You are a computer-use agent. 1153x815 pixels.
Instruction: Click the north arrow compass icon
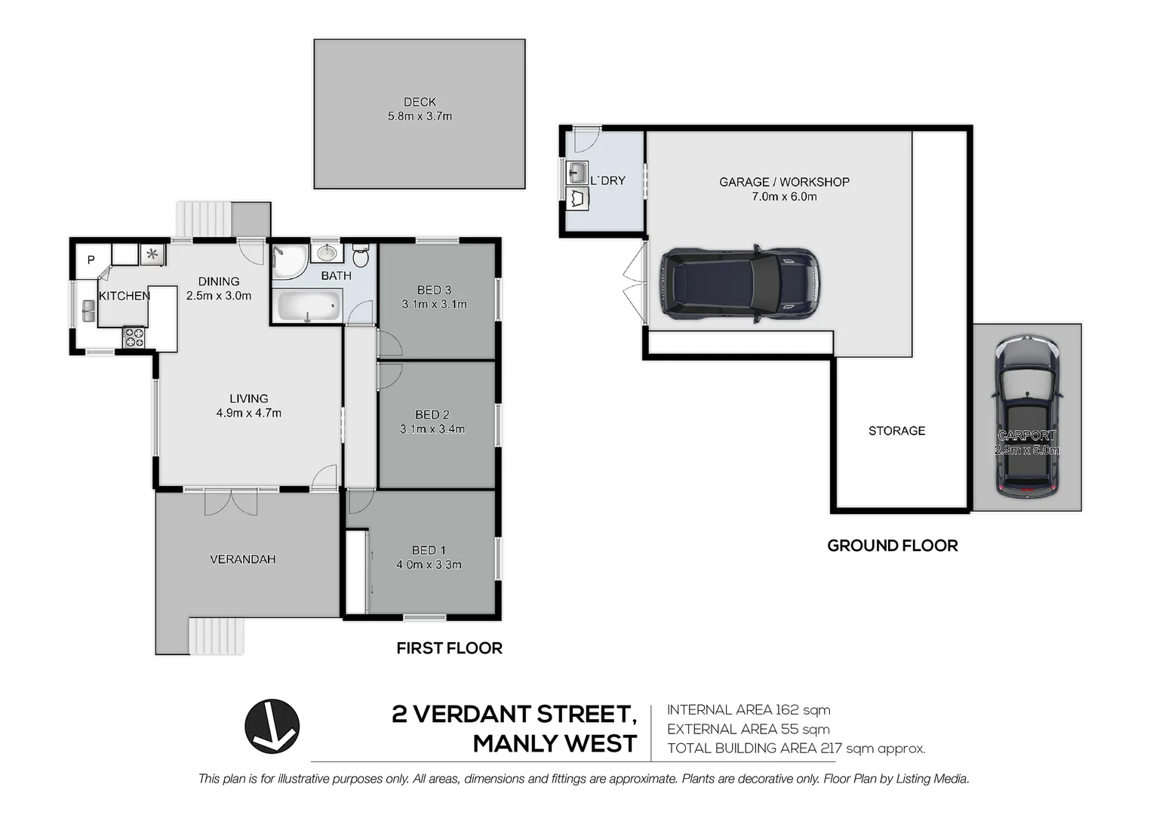click(272, 726)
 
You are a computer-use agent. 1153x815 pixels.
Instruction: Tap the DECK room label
click(420, 102)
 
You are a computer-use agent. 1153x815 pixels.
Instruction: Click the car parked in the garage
click(739, 284)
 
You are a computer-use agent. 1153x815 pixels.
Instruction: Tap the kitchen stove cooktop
click(134, 337)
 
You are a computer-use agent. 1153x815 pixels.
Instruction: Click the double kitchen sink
click(88, 311)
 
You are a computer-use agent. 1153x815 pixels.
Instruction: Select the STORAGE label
click(896, 431)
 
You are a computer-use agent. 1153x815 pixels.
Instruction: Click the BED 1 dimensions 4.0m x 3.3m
click(429, 564)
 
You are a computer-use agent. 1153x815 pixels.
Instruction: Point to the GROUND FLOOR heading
click(892, 546)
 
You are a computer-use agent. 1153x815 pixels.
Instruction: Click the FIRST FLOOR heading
click(449, 648)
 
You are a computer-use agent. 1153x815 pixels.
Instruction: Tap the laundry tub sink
click(576, 173)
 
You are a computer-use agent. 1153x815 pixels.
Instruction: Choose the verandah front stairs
click(217, 635)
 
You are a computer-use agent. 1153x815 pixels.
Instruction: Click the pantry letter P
click(91, 260)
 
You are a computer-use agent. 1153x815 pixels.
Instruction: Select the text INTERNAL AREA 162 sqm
click(748, 710)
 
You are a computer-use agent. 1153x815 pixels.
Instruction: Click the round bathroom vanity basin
click(327, 252)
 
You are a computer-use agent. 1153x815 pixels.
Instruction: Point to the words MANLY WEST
click(555, 744)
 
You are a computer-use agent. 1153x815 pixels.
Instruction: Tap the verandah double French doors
click(232, 501)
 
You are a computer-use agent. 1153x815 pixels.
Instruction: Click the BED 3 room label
click(434, 290)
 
